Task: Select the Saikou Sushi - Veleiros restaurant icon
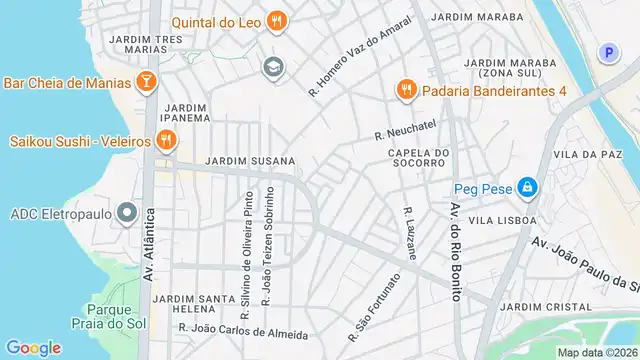pos(166,140)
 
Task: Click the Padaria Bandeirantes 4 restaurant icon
pos(405,90)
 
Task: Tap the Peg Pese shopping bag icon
pos(526,187)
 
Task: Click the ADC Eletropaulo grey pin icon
pos(126,213)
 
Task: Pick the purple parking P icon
pos(607,53)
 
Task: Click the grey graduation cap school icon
pos(271,67)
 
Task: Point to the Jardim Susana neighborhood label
pos(250,161)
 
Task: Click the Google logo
pos(33,347)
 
